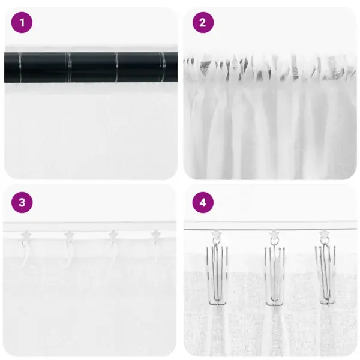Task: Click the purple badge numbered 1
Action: point(22,23)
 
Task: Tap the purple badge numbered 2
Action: point(203,23)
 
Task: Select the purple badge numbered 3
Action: point(22,202)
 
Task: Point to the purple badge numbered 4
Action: point(203,202)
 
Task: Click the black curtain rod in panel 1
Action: point(90,66)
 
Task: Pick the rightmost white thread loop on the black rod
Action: point(161,66)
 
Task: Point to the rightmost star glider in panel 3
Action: point(156,235)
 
